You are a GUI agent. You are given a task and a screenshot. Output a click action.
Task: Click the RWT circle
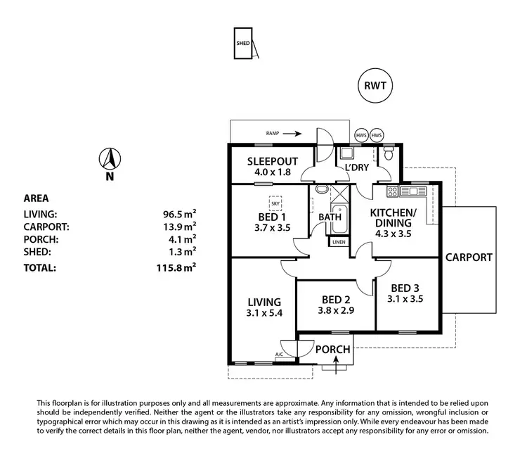coord(374,87)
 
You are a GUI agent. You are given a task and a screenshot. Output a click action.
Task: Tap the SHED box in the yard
coord(244,44)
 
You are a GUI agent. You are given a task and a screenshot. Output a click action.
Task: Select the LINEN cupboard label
coord(339,242)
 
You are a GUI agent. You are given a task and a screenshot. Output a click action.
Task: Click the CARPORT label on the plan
coord(469,257)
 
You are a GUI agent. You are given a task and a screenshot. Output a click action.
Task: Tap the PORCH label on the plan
coord(332,349)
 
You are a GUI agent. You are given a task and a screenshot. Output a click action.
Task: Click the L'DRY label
coord(356,167)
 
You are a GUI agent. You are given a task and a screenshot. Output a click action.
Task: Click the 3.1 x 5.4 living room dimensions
coord(264,313)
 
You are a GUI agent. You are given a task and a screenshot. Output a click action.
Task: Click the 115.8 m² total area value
coord(176,268)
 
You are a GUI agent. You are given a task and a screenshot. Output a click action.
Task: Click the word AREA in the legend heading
coord(36,198)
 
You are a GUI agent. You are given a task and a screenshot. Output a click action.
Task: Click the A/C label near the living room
coord(280,354)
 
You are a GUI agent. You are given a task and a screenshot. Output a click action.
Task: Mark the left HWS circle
coord(361,135)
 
